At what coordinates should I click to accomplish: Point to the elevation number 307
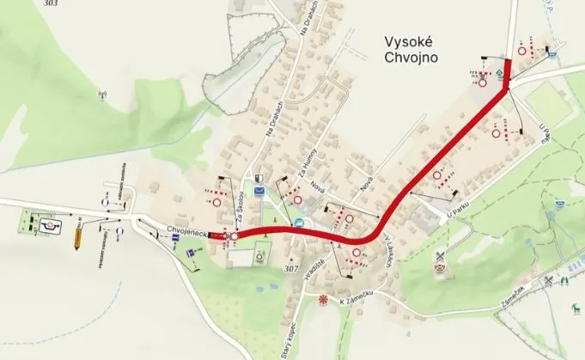pyautogui.click(x=292, y=268)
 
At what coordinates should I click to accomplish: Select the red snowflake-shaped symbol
pyautogui.click(x=324, y=300)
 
